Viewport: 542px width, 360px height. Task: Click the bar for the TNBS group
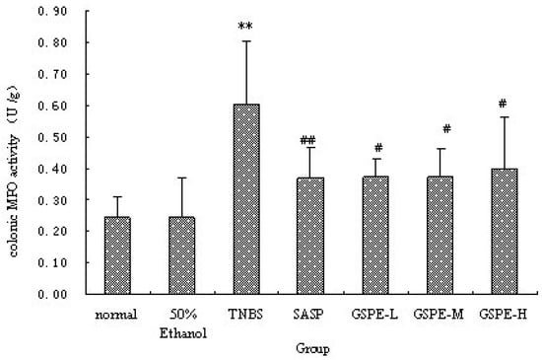pos(245,198)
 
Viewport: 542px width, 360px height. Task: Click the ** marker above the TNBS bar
pos(245,28)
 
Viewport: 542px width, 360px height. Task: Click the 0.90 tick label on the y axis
pos(52,12)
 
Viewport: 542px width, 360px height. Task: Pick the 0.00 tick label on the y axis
pos(52,294)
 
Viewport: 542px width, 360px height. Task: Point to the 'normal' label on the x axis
pos(117,314)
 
